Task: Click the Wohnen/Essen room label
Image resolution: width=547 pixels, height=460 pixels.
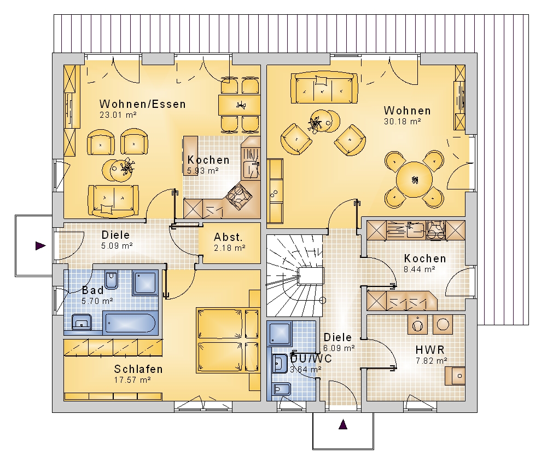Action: pyautogui.click(x=142, y=104)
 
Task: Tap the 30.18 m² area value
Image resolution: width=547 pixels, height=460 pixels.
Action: pyautogui.click(x=402, y=122)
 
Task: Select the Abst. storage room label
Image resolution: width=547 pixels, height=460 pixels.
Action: pyautogui.click(x=228, y=237)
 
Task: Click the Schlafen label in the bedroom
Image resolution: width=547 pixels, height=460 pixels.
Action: pyautogui.click(x=138, y=369)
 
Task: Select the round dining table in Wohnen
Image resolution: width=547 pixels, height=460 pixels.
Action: pyautogui.click(x=415, y=180)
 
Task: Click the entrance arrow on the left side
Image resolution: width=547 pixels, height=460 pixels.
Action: pyautogui.click(x=40, y=245)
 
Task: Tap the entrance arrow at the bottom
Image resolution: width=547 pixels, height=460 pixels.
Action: pyautogui.click(x=343, y=424)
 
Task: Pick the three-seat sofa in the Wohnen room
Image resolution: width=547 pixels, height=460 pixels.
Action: pyautogui.click(x=324, y=88)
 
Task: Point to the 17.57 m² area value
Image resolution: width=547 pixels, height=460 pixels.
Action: pyautogui.click(x=132, y=380)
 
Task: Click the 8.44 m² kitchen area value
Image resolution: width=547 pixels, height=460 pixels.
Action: pyautogui.click(x=420, y=269)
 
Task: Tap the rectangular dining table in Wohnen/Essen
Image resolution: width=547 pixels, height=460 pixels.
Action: pyautogui.click(x=240, y=105)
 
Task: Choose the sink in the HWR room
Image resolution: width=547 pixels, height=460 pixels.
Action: pyautogui.click(x=455, y=376)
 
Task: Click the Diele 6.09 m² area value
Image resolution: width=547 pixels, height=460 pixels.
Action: pyautogui.click(x=339, y=348)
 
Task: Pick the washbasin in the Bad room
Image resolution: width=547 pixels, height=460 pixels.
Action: pyautogui.click(x=82, y=323)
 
